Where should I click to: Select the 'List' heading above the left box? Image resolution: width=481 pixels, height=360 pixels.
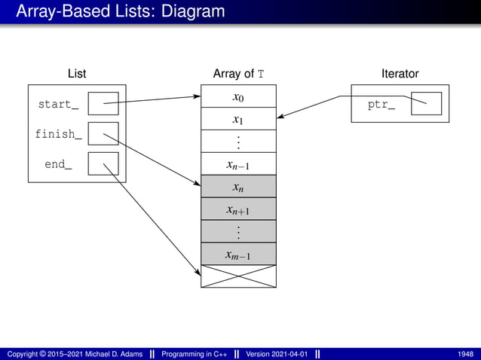click(76, 74)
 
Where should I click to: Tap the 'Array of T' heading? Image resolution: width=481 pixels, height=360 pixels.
click(238, 74)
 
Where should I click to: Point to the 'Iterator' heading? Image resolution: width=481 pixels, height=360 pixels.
click(400, 74)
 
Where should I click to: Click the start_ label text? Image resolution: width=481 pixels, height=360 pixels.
click(58, 104)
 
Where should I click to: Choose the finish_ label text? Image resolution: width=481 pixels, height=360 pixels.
click(58, 134)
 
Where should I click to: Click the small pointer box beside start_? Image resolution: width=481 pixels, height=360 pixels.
click(103, 104)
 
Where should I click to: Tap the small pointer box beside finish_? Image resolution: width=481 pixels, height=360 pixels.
click(103, 134)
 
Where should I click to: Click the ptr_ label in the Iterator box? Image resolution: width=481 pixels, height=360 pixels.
click(381, 104)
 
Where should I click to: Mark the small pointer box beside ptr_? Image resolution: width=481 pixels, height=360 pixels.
click(426, 104)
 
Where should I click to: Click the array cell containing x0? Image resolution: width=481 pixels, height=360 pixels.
click(238, 96)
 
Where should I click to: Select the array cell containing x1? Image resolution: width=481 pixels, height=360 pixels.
click(238, 119)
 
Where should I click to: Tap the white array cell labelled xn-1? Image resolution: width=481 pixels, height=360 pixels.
click(238, 164)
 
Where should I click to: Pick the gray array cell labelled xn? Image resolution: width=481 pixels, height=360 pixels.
click(238, 187)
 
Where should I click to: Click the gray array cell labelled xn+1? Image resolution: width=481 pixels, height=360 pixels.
click(238, 209)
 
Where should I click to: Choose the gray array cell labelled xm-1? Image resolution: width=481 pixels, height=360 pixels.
click(238, 255)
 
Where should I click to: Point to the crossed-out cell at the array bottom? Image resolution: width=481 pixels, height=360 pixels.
click(238, 276)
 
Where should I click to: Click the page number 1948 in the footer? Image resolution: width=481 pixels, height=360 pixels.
click(465, 354)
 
